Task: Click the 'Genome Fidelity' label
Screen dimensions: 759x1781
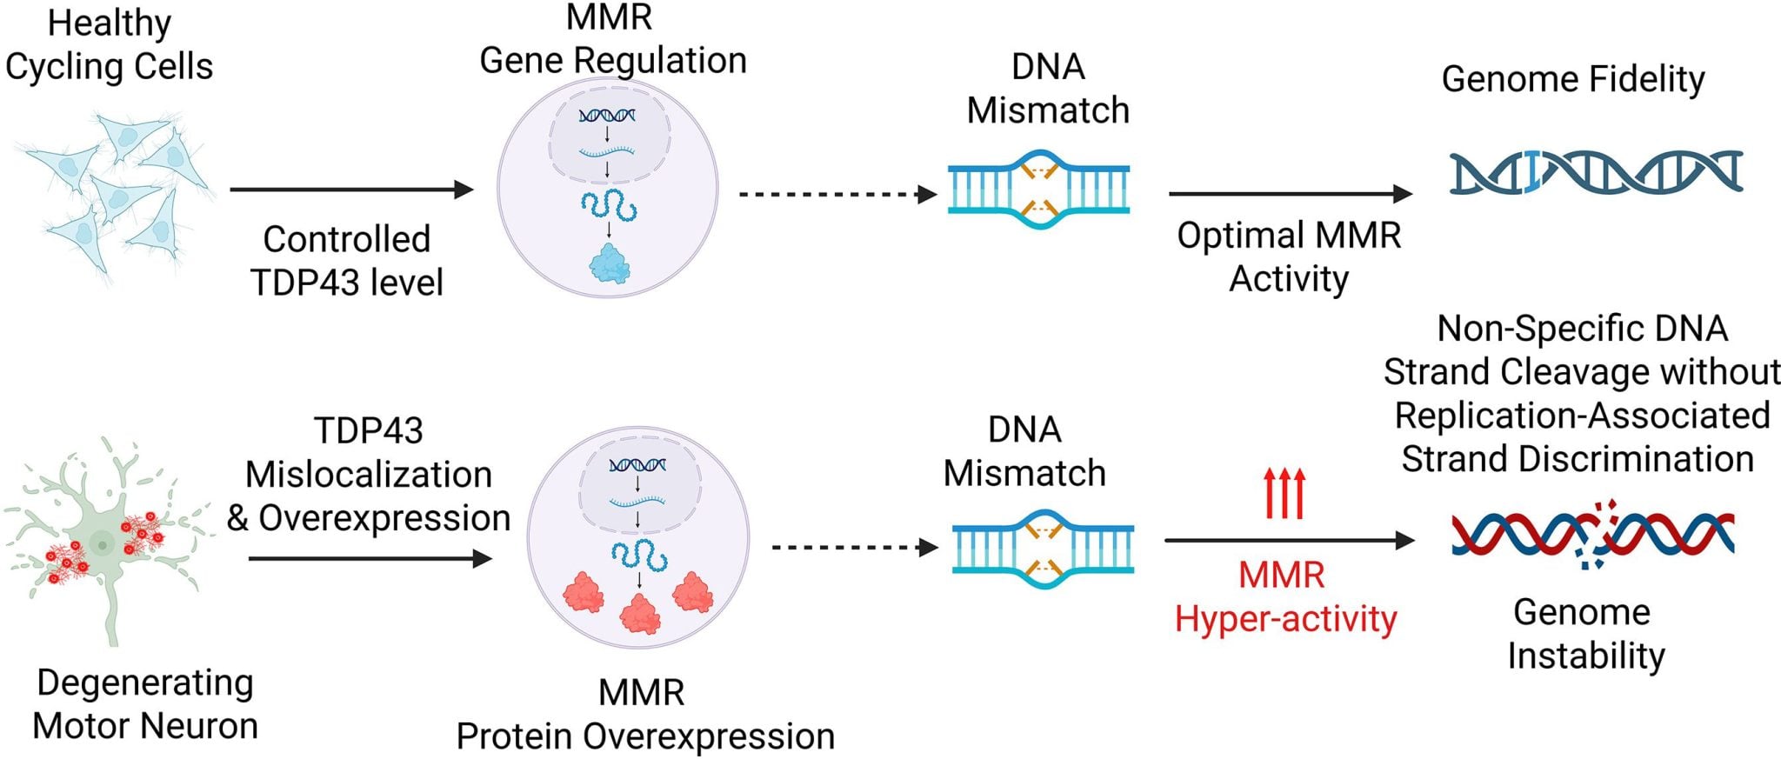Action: pyautogui.click(x=1572, y=79)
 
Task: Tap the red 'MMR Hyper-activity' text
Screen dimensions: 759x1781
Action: pyautogui.click(x=1284, y=597)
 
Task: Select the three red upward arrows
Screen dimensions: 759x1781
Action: pyautogui.click(x=1284, y=493)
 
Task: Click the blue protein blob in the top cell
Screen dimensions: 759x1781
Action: pyautogui.click(x=609, y=263)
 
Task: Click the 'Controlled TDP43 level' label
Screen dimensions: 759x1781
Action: pyautogui.click(x=347, y=260)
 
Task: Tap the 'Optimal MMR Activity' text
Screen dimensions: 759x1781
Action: pyautogui.click(x=1289, y=256)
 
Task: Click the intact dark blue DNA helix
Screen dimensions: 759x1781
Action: pyautogui.click(x=1596, y=171)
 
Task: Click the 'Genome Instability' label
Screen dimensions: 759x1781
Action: pyautogui.click(x=1584, y=634)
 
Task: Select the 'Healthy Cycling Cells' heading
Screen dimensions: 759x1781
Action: pyautogui.click(x=109, y=45)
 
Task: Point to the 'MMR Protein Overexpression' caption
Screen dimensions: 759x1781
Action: pyautogui.click(x=644, y=715)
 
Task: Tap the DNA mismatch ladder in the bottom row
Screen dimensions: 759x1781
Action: pyautogui.click(x=1043, y=549)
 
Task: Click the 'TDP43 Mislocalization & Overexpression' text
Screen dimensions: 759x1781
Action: pyautogui.click(x=369, y=475)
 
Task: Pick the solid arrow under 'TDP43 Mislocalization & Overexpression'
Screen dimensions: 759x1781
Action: pyautogui.click(x=370, y=558)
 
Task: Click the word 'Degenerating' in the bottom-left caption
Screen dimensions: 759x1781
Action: pyautogui.click(x=145, y=682)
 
